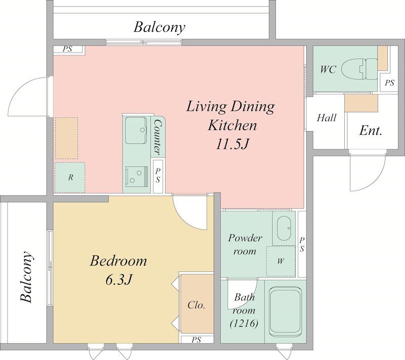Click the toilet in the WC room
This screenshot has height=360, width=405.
pyautogui.click(x=359, y=69)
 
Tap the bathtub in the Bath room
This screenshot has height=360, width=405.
pyautogui.click(x=285, y=312)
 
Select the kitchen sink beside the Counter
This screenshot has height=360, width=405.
pyautogui.click(x=136, y=130)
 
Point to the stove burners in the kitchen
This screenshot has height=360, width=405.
pyautogui.click(x=137, y=176)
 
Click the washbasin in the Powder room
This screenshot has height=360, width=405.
pyautogui.click(x=284, y=228)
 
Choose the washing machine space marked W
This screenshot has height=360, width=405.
pyautogui.click(x=281, y=261)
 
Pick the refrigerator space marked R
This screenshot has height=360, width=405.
pyautogui.click(x=70, y=177)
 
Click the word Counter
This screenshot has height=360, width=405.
pyautogui.click(x=157, y=138)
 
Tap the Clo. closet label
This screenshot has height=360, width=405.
pyautogui.click(x=196, y=305)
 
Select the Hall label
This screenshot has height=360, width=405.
pyautogui.click(x=327, y=118)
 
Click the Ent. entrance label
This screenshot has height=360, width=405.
pyautogui.click(x=371, y=131)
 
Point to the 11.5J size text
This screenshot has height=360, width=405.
pyautogui.click(x=232, y=144)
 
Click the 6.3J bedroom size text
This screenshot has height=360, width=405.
pyautogui.click(x=119, y=279)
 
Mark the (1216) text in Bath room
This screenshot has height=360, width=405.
pyautogui.click(x=244, y=324)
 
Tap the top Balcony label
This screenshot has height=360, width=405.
pyautogui.click(x=159, y=27)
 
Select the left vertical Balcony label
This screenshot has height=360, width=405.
pyautogui.click(x=27, y=276)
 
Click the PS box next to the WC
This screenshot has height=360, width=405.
pyautogui.click(x=389, y=83)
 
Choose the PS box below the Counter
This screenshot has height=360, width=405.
pyautogui.click(x=158, y=176)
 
